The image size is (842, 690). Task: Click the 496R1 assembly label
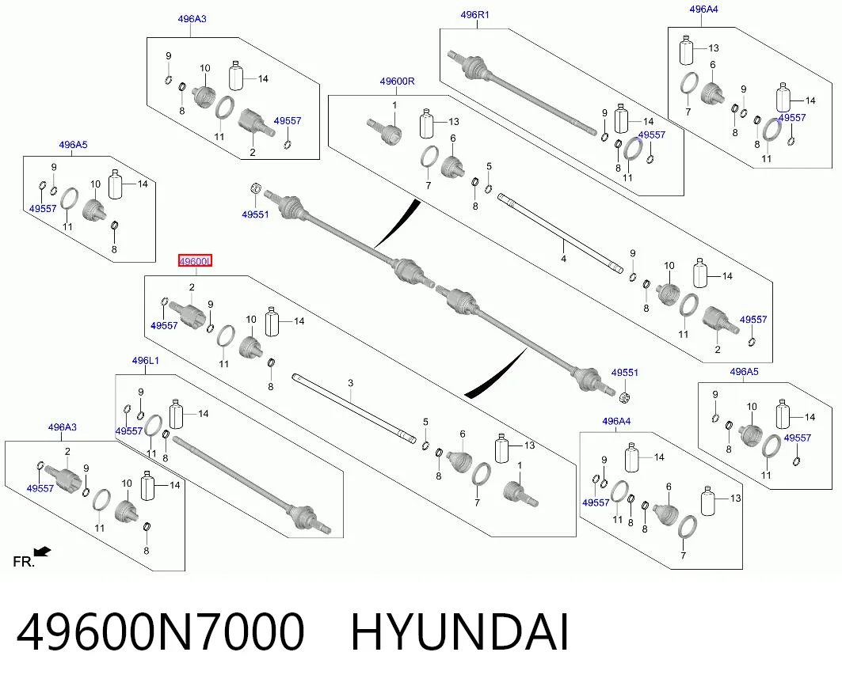point(474,15)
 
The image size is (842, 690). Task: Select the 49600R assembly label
point(397,82)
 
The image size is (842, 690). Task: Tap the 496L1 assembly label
point(145,361)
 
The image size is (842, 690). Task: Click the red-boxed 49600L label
point(196,261)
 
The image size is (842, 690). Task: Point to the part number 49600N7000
point(161,631)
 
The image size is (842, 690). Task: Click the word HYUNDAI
point(459,632)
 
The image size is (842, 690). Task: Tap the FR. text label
point(23,562)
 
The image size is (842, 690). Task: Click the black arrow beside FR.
point(43,551)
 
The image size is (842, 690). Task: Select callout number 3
point(351,383)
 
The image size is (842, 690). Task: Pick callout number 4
point(563,259)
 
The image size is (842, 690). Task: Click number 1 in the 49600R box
point(394,104)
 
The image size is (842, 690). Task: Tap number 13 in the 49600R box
point(454,122)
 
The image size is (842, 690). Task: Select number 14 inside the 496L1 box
point(203,414)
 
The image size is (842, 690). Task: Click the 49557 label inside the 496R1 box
point(651,135)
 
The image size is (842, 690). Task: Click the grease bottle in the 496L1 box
point(177,414)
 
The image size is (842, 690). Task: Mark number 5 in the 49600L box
point(425,423)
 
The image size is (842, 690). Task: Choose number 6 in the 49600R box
point(452,138)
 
